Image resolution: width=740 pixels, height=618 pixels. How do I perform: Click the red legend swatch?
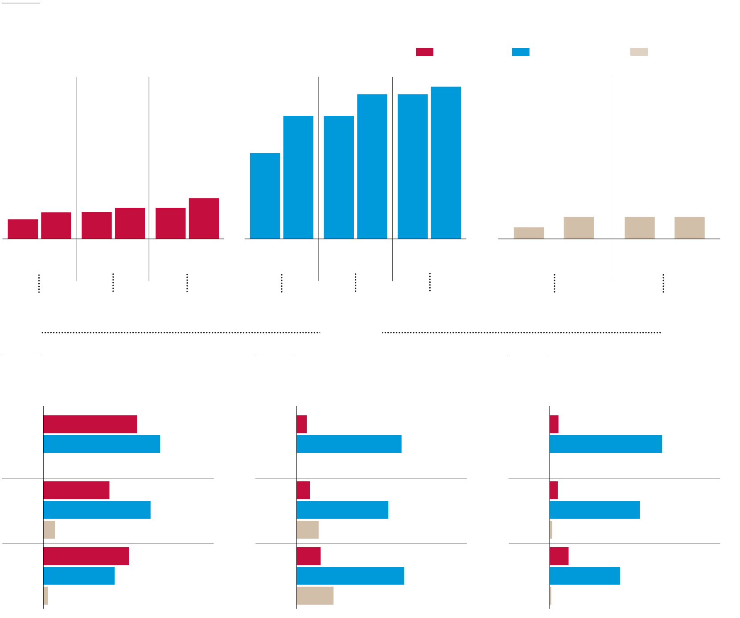pyautogui.click(x=424, y=52)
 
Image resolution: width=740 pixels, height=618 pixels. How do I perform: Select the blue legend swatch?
pyautogui.click(x=520, y=52)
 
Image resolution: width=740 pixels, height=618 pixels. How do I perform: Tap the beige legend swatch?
pyautogui.click(x=639, y=52)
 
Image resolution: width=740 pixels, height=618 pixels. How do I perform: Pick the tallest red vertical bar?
pyautogui.click(x=204, y=218)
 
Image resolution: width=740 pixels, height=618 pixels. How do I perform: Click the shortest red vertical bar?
pyautogui.click(x=23, y=229)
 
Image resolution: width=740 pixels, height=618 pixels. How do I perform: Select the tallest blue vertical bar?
pyautogui.click(x=446, y=163)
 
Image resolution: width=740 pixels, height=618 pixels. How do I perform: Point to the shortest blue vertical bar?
pyautogui.click(x=265, y=196)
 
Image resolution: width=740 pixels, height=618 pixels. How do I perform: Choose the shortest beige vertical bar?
pyautogui.click(x=529, y=233)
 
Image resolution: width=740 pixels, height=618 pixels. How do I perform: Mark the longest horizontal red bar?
pyautogui.click(x=90, y=424)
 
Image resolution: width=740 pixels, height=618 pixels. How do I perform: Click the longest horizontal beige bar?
pyautogui.click(x=315, y=596)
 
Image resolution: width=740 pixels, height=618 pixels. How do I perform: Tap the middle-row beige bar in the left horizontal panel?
pyautogui.click(x=49, y=530)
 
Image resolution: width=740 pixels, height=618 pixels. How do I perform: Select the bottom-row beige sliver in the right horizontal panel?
pyautogui.click(x=551, y=596)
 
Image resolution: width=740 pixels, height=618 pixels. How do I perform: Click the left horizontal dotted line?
pyautogui.click(x=181, y=332)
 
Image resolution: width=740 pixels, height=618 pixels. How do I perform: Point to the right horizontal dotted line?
pyautogui.click(x=521, y=332)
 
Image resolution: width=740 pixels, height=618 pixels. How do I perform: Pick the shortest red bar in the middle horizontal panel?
pyautogui.click(x=301, y=424)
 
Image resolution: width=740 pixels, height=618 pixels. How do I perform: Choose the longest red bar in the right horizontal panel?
pyautogui.click(x=559, y=556)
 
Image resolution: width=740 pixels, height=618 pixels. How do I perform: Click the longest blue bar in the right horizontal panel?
pyautogui.click(x=605, y=444)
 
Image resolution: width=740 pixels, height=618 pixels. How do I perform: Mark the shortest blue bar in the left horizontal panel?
pyautogui.click(x=79, y=576)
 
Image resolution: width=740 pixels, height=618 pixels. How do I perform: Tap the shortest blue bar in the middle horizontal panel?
pyautogui.click(x=342, y=510)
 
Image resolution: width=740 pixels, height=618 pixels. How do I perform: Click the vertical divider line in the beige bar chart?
pyautogui.click(x=610, y=178)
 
